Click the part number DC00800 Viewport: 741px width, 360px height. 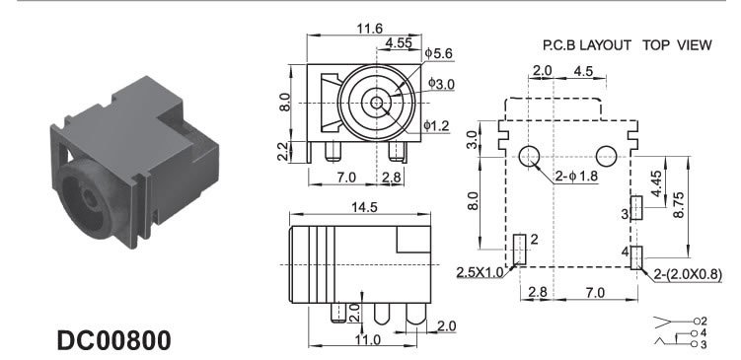point(113,340)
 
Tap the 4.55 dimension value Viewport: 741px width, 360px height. point(399,43)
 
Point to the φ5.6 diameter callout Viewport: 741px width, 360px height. point(438,53)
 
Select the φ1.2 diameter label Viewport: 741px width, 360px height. point(436,125)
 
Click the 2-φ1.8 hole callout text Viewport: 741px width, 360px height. point(576,177)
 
